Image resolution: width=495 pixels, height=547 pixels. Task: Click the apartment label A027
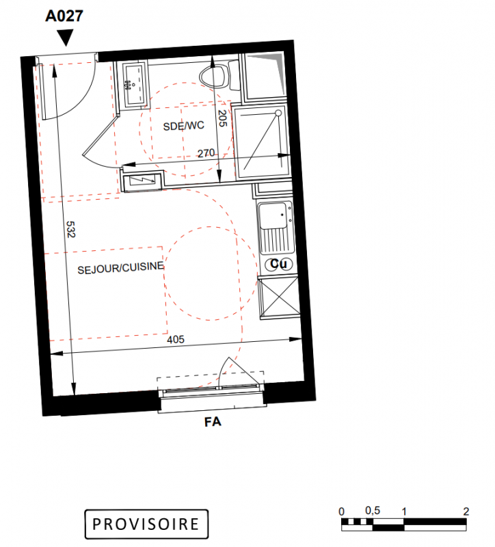click(x=64, y=16)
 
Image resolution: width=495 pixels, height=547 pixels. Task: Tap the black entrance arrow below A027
click(x=65, y=38)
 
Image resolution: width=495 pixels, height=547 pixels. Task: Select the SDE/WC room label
click(x=183, y=126)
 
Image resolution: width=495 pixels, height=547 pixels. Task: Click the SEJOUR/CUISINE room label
click(x=121, y=268)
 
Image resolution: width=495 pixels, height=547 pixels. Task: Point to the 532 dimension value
click(x=70, y=229)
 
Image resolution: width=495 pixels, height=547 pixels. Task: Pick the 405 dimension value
click(x=176, y=339)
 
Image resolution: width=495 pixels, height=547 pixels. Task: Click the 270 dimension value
click(x=206, y=153)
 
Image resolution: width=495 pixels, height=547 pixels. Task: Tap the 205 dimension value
click(x=222, y=118)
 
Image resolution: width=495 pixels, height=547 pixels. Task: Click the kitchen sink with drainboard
click(x=276, y=228)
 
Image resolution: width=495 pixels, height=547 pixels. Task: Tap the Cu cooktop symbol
click(x=279, y=264)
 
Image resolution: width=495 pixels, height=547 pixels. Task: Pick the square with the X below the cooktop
click(x=280, y=297)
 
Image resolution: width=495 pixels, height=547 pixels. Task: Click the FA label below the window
click(x=213, y=422)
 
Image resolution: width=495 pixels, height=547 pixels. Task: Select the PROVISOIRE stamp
click(x=146, y=524)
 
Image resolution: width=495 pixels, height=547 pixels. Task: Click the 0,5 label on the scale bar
click(x=373, y=511)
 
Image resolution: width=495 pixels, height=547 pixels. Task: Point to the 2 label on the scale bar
click(x=466, y=511)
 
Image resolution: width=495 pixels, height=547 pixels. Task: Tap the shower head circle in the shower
click(x=278, y=113)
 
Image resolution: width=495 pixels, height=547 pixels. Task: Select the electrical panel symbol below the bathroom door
click(x=142, y=180)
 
